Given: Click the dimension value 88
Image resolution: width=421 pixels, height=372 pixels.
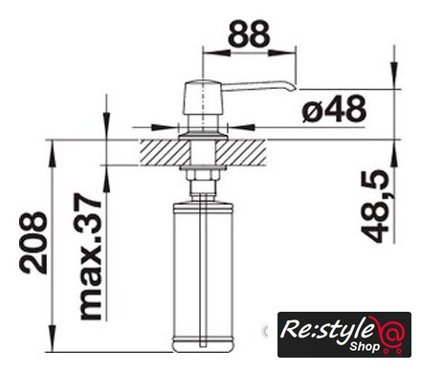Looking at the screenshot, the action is coord(249,33).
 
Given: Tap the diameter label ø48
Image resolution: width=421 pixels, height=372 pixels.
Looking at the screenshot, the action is coord(334,109).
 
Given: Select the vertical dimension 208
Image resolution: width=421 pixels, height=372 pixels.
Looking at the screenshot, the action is coord(33,243).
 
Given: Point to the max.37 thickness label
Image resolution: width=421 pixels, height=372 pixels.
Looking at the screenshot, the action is coord(91,256).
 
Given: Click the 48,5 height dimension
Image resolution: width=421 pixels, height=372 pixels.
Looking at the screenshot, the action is coord(375,206).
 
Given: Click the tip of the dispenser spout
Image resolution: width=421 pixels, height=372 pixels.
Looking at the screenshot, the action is coord(296,88).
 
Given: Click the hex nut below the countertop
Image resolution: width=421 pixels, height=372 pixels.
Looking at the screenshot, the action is coord(203,175).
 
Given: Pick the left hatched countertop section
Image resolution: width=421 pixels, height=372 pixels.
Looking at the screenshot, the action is coord(165,152).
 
